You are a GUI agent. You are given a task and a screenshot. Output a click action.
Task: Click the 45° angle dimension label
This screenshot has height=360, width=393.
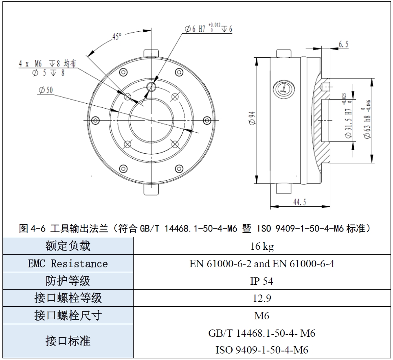pyautogui.click(x=117, y=36)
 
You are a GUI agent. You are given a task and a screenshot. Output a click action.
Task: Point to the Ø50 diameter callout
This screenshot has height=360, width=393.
pyautogui.click(x=46, y=90)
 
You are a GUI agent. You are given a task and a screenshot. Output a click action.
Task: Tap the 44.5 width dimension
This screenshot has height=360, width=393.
pyautogui.click(x=300, y=202)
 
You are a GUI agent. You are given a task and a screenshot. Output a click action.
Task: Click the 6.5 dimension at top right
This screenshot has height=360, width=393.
pyautogui.click(x=343, y=44)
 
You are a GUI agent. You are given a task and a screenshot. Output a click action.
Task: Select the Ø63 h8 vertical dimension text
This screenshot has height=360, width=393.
pyautogui.click(x=367, y=119)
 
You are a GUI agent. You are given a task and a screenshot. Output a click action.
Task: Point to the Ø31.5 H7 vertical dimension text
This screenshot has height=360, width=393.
pyautogui.click(x=347, y=116)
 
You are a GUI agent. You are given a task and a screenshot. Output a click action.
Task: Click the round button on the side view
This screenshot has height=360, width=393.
pyautogui.click(x=284, y=89)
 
